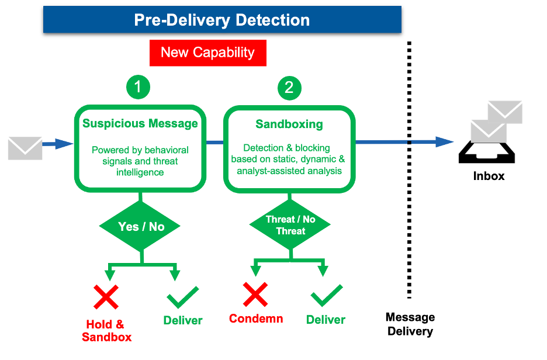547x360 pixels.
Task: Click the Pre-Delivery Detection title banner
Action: pos(222,20)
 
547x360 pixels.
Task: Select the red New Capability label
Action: pos(208,53)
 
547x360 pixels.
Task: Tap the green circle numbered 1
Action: pos(138,88)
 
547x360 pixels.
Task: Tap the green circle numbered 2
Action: pos(289,88)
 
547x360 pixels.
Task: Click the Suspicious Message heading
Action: pos(140,123)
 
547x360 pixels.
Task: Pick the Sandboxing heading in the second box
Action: pos(289,124)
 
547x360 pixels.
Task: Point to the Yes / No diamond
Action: pos(141,226)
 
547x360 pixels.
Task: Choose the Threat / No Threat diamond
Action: pos(290,225)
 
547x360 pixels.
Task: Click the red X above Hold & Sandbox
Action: pos(106,297)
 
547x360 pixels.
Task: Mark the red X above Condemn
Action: pos(255,294)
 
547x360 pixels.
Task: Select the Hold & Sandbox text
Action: pos(106,331)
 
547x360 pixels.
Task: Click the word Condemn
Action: pos(256,319)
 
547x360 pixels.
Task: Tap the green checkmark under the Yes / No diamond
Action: pos(183,297)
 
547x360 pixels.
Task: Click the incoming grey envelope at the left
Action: pos(25,148)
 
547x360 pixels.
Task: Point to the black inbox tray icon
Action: pos(489,153)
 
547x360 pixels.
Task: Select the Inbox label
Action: pos(489,176)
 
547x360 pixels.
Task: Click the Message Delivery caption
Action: pos(410,324)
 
